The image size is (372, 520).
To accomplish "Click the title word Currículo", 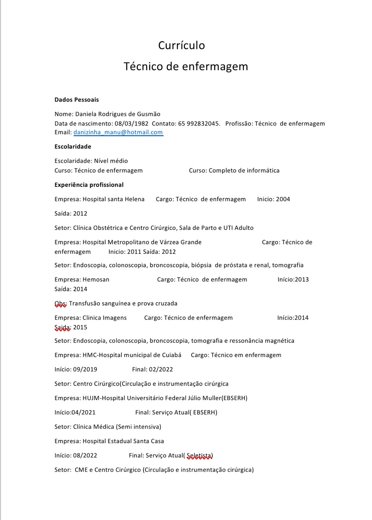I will [x=182, y=45].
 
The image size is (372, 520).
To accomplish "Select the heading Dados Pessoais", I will [x=76, y=100].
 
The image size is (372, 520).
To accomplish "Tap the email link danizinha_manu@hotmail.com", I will [x=118, y=132].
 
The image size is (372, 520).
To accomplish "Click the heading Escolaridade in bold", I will [x=73, y=147].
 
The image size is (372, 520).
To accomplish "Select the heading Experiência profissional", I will [x=89, y=185].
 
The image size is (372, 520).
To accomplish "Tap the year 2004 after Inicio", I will [x=283, y=199].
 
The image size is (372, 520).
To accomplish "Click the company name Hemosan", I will [x=96, y=279].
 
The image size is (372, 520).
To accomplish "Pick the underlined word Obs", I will [x=60, y=303].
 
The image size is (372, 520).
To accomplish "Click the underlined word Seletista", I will [x=199, y=455].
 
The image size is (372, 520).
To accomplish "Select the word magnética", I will [x=279, y=340].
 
